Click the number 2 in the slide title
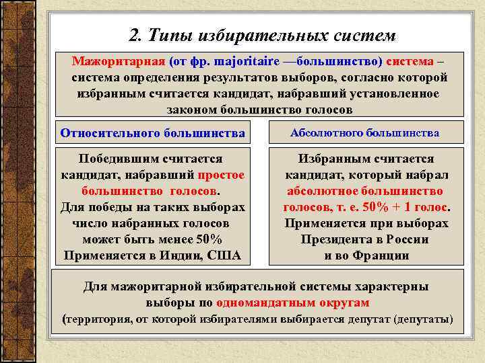133,34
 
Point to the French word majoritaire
241,62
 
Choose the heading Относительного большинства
152,133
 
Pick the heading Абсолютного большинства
364,133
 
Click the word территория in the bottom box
96,319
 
